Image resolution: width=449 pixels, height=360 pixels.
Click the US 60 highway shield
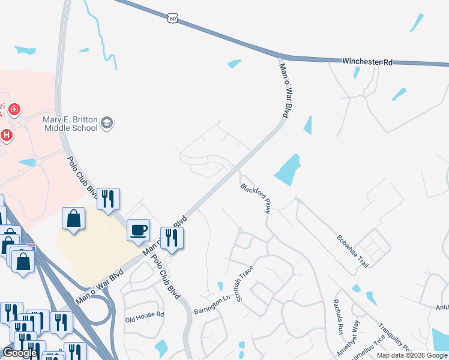point(173,19)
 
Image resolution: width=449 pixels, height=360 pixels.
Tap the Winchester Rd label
point(367,61)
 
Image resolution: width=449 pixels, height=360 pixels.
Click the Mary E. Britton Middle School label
point(70,123)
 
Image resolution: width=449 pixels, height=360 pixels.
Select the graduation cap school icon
point(107,123)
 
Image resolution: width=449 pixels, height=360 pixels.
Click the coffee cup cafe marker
point(138,230)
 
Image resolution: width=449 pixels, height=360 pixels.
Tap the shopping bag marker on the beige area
point(73,220)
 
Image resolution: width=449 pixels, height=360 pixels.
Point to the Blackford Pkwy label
point(256,198)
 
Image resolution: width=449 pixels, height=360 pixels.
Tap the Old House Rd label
point(144,314)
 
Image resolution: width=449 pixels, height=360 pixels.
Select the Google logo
point(19,353)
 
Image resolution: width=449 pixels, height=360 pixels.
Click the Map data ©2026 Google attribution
point(411,355)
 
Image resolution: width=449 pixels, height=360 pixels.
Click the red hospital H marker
point(7,135)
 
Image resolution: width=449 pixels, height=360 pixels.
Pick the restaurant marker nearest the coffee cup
point(172,238)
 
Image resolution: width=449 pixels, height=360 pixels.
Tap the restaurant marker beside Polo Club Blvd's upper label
point(109,199)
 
